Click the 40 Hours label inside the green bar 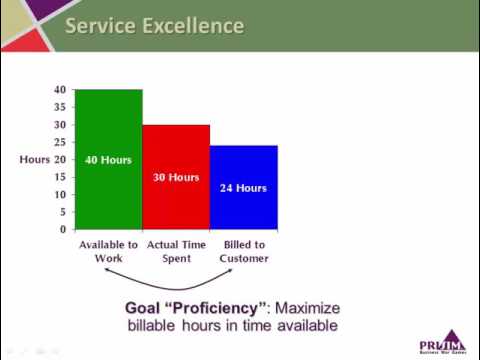coord(108,160)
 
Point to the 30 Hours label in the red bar coord(176,178)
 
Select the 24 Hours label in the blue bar coord(243,187)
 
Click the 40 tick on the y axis coord(61,90)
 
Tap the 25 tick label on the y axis coord(61,143)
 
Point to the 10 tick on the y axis coord(61,195)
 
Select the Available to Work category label coord(108,252)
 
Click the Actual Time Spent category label coord(176,252)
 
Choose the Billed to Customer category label coord(243,252)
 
